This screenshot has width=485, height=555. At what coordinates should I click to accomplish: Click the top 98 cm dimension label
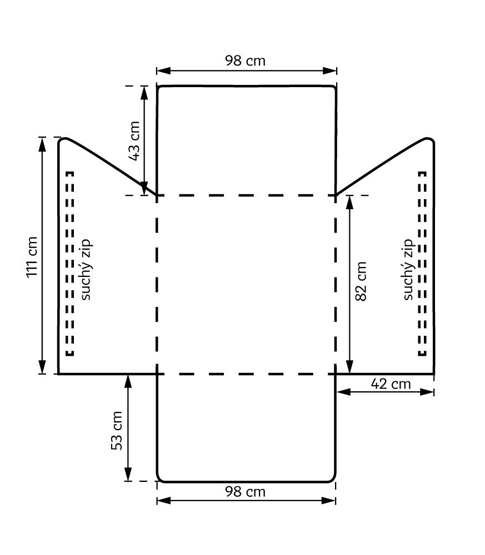245,61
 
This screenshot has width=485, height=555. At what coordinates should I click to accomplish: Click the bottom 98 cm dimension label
245,492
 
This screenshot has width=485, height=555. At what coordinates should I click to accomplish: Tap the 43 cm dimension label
134,141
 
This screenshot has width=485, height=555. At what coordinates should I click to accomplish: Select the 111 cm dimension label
32,258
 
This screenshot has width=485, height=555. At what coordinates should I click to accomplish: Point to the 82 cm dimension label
361,281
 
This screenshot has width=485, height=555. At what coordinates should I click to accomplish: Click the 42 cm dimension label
391,384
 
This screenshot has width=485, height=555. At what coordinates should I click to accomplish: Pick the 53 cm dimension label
117,431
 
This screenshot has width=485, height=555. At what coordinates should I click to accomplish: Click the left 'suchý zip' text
86,269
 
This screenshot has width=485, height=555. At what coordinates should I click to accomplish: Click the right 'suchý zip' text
408,269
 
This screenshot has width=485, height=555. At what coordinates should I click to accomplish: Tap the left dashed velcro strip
70,263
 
